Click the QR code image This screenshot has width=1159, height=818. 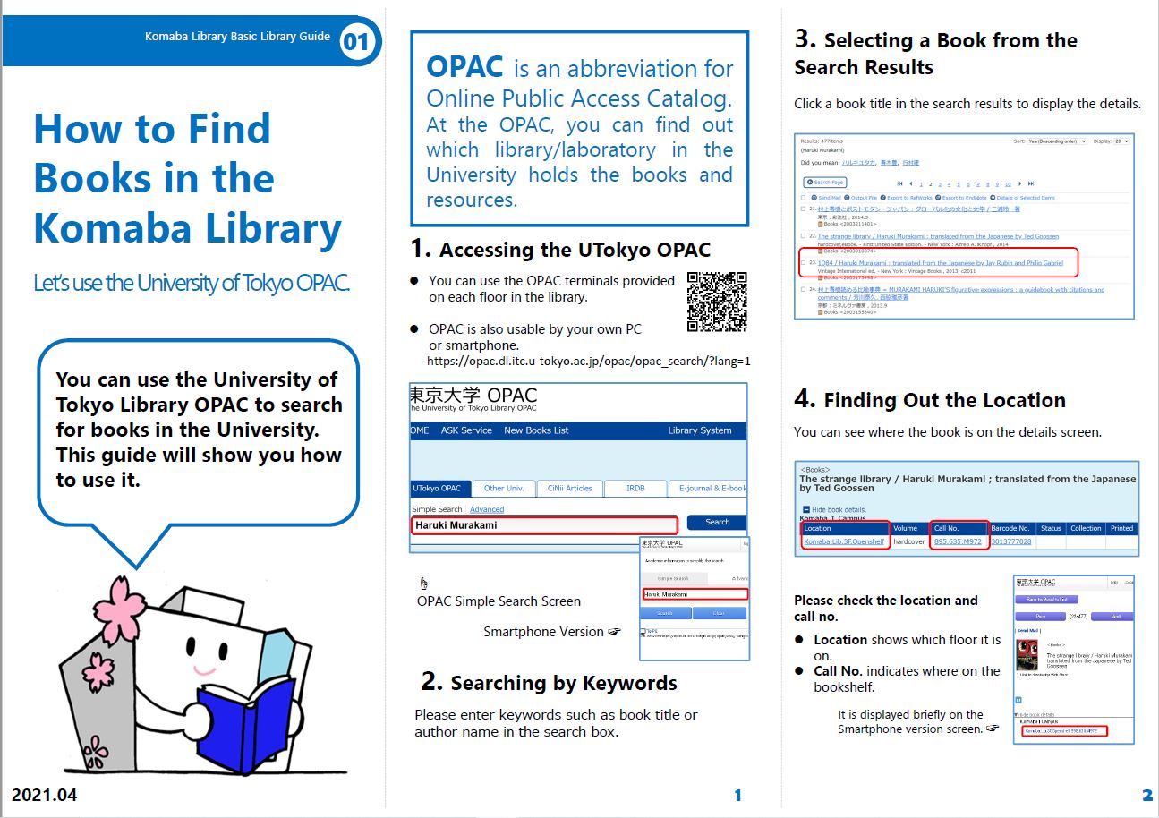[x=717, y=302]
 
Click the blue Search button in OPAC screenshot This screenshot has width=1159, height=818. [x=717, y=523]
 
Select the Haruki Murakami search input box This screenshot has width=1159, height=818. [x=544, y=524]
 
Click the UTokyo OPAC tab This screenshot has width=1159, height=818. [x=439, y=489]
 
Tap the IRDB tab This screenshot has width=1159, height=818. [x=635, y=489]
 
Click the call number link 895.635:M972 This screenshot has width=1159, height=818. [x=959, y=541]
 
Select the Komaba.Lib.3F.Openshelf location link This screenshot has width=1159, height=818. [x=844, y=541]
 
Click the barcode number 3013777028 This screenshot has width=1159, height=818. [x=1010, y=541]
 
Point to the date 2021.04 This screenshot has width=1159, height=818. [x=44, y=795]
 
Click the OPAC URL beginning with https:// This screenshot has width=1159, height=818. [x=588, y=362]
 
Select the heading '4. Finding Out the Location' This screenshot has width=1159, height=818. [x=930, y=400]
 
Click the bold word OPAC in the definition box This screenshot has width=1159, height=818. [x=464, y=67]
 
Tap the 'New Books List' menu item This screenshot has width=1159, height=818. [x=536, y=430]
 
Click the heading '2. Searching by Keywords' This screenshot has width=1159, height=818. [x=549, y=683]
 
